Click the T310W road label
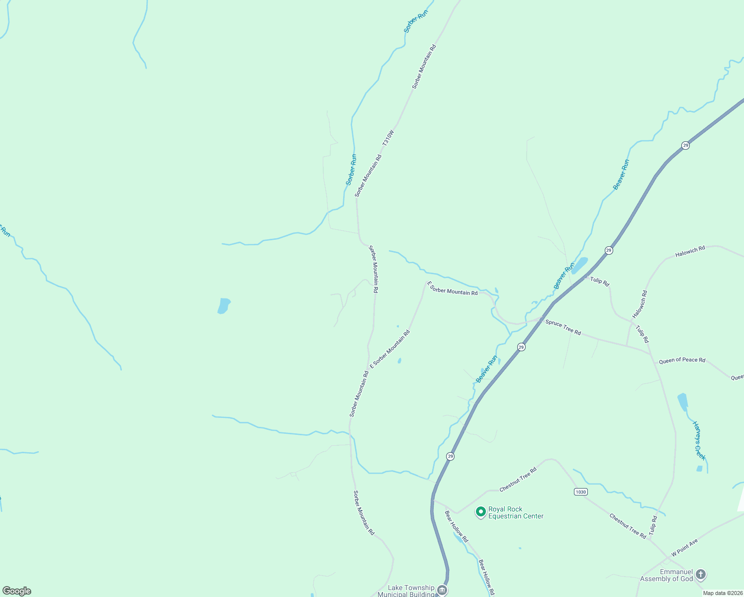pyautogui.click(x=388, y=138)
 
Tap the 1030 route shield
pyautogui.click(x=580, y=492)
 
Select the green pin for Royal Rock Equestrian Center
pyautogui.click(x=481, y=512)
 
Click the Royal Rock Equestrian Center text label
pyautogui.click(x=516, y=512)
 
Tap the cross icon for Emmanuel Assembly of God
pyautogui.click(x=700, y=575)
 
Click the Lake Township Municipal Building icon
pyautogui.click(x=441, y=591)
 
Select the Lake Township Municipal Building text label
pyautogui.click(x=406, y=591)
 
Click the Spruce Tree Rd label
pyautogui.click(x=563, y=327)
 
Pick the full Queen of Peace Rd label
pyautogui.click(x=682, y=360)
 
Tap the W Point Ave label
pyautogui.click(x=684, y=547)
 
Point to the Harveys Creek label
pyautogui.click(x=699, y=440)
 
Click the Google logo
pyautogui.click(x=17, y=591)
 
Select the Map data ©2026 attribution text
pyautogui.click(x=722, y=593)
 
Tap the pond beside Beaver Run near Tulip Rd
pyautogui.click(x=580, y=265)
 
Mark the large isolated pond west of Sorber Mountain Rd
pyautogui.click(x=224, y=305)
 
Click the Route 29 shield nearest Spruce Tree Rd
pyautogui.click(x=521, y=347)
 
